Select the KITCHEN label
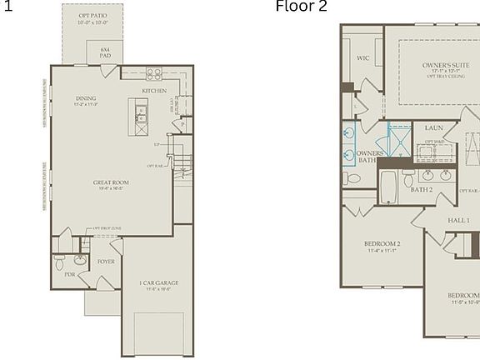pyautogui.click(x=154, y=91)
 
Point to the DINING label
pyautogui.click(x=86, y=98)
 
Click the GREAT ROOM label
pyautogui.click(x=110, y=183)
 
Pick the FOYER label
pyautogui.click(x=106, y=262)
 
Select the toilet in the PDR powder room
pyautogui.click(x=59, y=261)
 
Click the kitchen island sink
pyautogui.click(x=141, y=111)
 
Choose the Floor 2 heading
pyautogui.click(x=302, y=7)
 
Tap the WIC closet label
pyautogui.click(x=362, y=58)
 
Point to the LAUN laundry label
pyautogui.click(x=433, y=128)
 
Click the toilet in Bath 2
pyautogui.click(x=408, y=177)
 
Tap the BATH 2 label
pyautogui.click(x=422, y=190)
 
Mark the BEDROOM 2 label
pyautogui.click(x=382, y=244)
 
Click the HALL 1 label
pyautogui.click(x=458, y=220)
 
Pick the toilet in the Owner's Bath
pyautogui.click(x=353, y=177)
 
